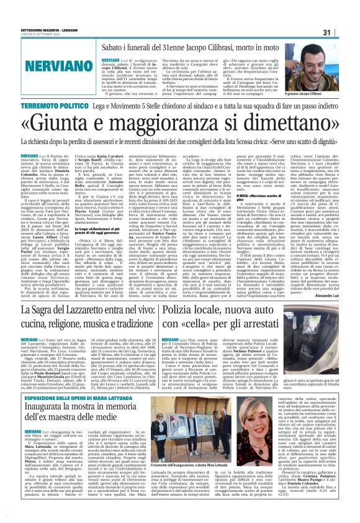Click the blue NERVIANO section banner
pyautogui.click(x=43, y=63)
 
